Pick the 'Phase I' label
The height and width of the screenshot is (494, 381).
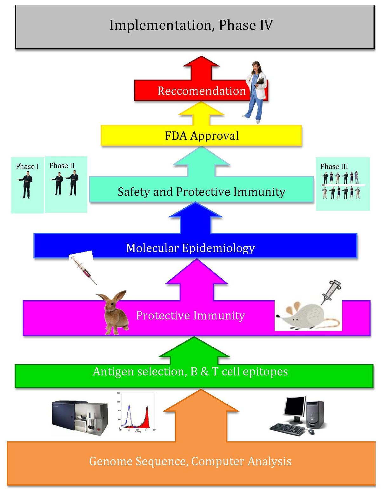click(27, 166)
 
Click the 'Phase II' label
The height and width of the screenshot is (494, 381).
click(62, 165)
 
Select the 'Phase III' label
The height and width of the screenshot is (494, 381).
click(334, 166)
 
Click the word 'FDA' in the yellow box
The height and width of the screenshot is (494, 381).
click(176, 136)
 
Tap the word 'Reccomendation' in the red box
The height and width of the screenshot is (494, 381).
click(202, 91)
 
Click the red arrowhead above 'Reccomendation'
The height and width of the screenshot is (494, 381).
click(201, 62)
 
